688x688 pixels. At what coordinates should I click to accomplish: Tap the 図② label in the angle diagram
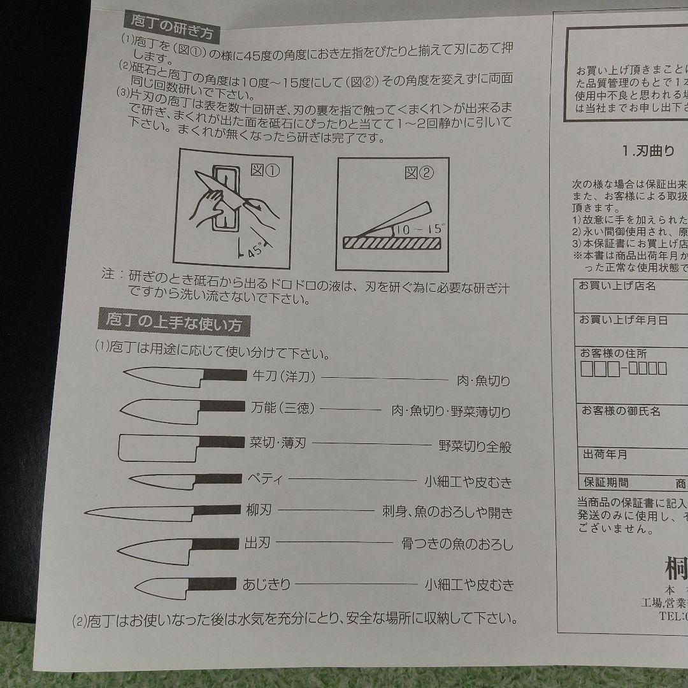(419, 172)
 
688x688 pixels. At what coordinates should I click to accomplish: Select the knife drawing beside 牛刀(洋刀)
(184, 377)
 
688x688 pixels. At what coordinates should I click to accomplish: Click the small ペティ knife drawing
(185, 479)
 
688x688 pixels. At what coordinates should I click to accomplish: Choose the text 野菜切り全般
(475, 447)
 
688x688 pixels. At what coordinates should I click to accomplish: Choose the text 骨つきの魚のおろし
(457, 545)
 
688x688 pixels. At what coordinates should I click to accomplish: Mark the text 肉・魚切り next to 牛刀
(484, 381)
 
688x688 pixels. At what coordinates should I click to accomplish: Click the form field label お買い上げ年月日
(623, 320)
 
